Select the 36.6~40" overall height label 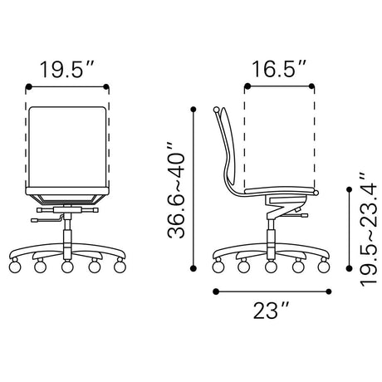point(176,191)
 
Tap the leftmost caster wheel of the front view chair point(15,267)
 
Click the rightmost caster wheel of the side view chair point(324,267)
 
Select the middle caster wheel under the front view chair point(67,267)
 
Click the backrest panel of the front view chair point(67,147)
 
